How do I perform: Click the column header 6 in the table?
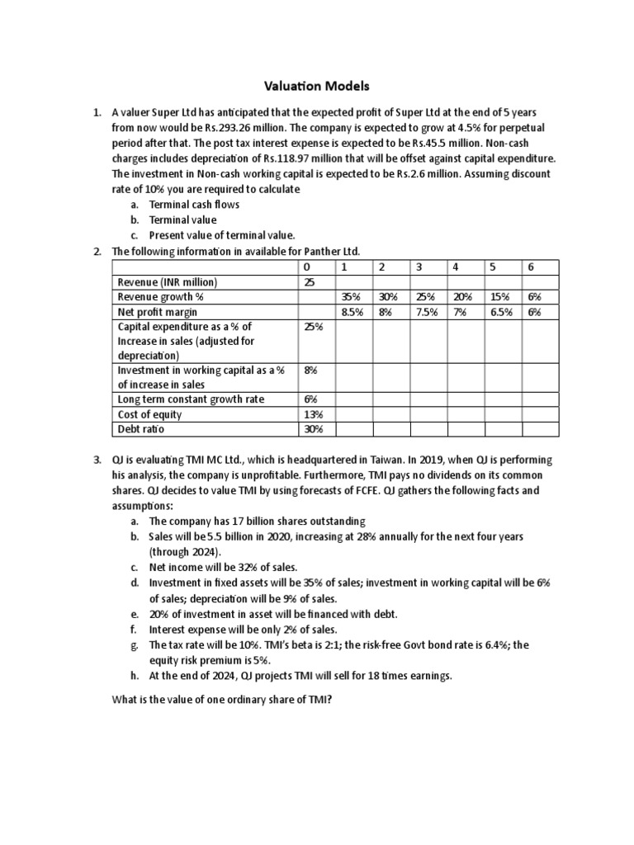click(x=531, y=267)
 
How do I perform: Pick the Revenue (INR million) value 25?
click(x=310, y=282)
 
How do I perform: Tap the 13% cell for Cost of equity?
click(x=312, y=414)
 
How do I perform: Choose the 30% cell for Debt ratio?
click(x=312, y=429)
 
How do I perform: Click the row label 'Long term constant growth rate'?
click(x=191, y=399)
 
